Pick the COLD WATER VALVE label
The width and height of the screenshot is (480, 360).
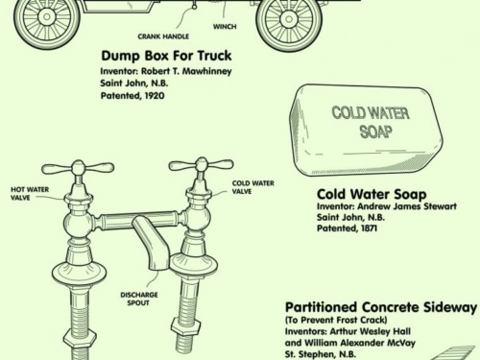[252, 187]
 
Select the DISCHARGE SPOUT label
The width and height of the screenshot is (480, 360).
[140, 300]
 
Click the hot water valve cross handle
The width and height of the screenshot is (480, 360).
[78, 168]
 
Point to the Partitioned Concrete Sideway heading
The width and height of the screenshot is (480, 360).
[380, 308]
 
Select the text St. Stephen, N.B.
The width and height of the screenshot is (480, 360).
[325, 353]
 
